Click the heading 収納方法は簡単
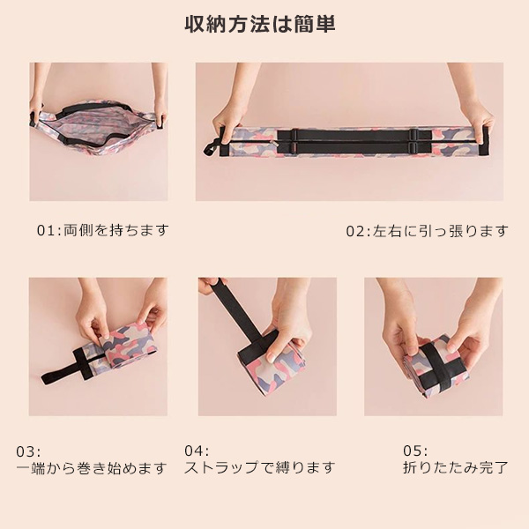pyautogui.click(x=260, y=25)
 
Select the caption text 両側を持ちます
pyautogui.click(x=116, y=230)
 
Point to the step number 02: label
pyautogui.click(x=358, y=231)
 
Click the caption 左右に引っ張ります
pyautogui.click(x=440, y=231)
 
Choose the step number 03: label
pyautogui.click(x=28, y=452)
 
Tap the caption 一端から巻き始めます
pyautogui.click(x=92, y=468)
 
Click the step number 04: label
pyautogui.click(x=197, y=451)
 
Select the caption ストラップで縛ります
pyautogui.click(x=260, y=467)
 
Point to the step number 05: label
pyautogui.click(x=415, y=451)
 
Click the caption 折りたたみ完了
pyautogui.click(x=456, y=467)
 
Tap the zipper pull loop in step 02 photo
pyautogui.click(x=211, y=148)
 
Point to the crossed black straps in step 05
pyautogui.click(x=438, y=366)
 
